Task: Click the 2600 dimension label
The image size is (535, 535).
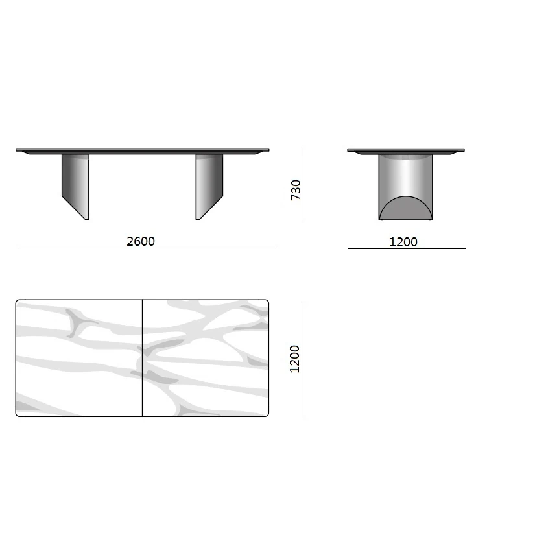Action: tap(141, 241)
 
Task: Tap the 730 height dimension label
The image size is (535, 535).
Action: tap(296, 190)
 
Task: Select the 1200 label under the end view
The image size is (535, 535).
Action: tap(403, 242)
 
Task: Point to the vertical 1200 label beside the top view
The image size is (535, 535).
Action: tap(294, 359)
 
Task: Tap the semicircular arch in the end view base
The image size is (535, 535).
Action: tap(406, 208)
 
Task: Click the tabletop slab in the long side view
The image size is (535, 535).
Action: tap(142, 151)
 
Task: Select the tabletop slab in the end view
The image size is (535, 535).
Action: tap(406, 151)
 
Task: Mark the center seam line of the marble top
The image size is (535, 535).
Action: tap(142, 358)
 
